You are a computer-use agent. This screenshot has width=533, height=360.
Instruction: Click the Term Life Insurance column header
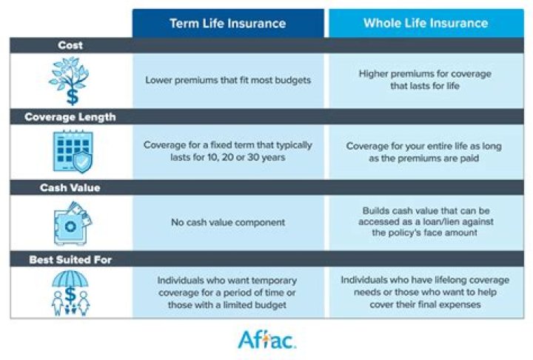click(228, 23)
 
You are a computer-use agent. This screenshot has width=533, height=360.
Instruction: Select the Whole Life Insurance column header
click(425, 23)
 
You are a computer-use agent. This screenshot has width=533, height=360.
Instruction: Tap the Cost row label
click(70, 46)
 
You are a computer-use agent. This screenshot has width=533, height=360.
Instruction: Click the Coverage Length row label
click(70, 117)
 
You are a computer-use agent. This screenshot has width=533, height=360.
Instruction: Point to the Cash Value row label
click(70, 188)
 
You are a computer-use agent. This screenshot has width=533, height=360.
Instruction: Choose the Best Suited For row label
click(70, 259)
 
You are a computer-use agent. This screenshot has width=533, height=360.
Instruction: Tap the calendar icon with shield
click(70, 153)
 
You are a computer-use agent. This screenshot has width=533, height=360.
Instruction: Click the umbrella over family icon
click(70, 293)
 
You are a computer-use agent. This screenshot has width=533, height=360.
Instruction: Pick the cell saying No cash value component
click(228, 222)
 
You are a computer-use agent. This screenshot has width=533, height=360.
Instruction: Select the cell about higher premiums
click(425, 80)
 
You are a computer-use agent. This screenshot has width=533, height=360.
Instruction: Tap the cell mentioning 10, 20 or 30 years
click(228, 152)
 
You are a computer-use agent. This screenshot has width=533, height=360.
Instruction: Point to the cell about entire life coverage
click(425, 152)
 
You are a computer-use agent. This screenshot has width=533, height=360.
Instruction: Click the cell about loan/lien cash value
click(425, 222)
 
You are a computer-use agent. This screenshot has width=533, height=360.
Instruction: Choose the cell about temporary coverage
click(228, 293)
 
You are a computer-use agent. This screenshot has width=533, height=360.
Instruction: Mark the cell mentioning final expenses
click(425, 293)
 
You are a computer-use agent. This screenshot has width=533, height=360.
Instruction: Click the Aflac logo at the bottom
click(266, 339)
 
